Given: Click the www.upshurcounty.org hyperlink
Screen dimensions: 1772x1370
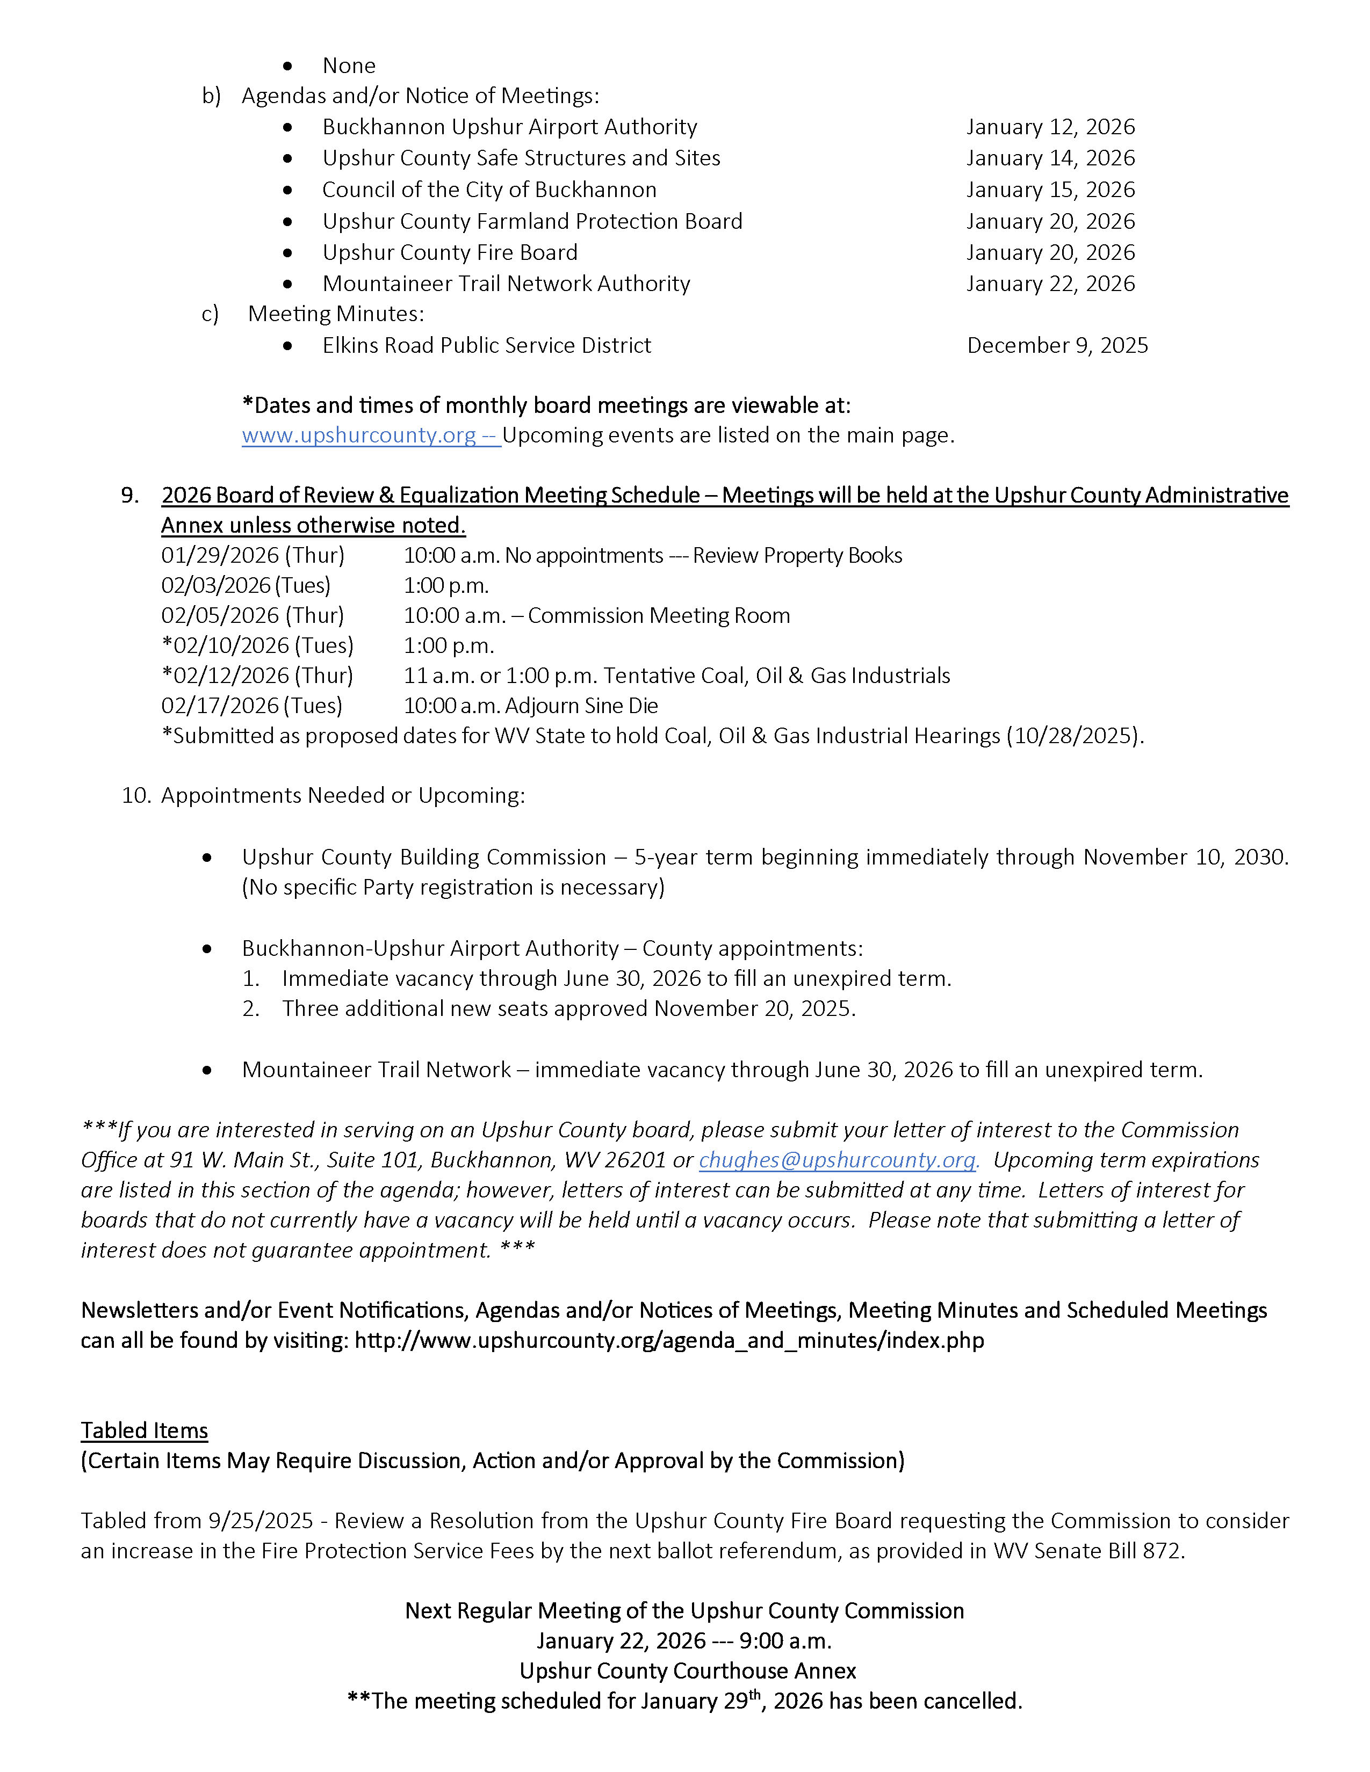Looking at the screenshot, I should coord(359,435).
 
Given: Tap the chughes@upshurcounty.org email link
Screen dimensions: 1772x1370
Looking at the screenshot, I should coord(838,1160).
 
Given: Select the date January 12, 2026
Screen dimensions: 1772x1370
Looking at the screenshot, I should coord(1050,127).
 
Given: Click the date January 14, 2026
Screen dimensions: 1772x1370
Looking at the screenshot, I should coord(1050,158).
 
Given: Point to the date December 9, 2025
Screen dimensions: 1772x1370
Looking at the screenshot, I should coord(1057,346).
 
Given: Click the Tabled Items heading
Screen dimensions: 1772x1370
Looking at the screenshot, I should coord(145,1430).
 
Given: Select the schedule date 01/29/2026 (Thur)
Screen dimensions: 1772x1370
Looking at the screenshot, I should coord(253,556).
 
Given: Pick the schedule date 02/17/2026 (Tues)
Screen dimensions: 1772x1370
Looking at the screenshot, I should coord(251,706).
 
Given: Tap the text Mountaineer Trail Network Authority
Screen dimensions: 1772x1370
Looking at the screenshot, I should coord(506,284).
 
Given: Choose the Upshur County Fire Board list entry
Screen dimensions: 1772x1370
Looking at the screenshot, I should coord(450,253).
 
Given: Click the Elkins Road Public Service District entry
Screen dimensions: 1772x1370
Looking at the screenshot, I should coord(486,346).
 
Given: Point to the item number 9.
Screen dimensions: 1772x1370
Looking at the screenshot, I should coord(130,496).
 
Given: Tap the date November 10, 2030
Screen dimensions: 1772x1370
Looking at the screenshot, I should coord(1184,858).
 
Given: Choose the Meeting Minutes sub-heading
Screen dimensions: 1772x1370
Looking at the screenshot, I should coord(335,314).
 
